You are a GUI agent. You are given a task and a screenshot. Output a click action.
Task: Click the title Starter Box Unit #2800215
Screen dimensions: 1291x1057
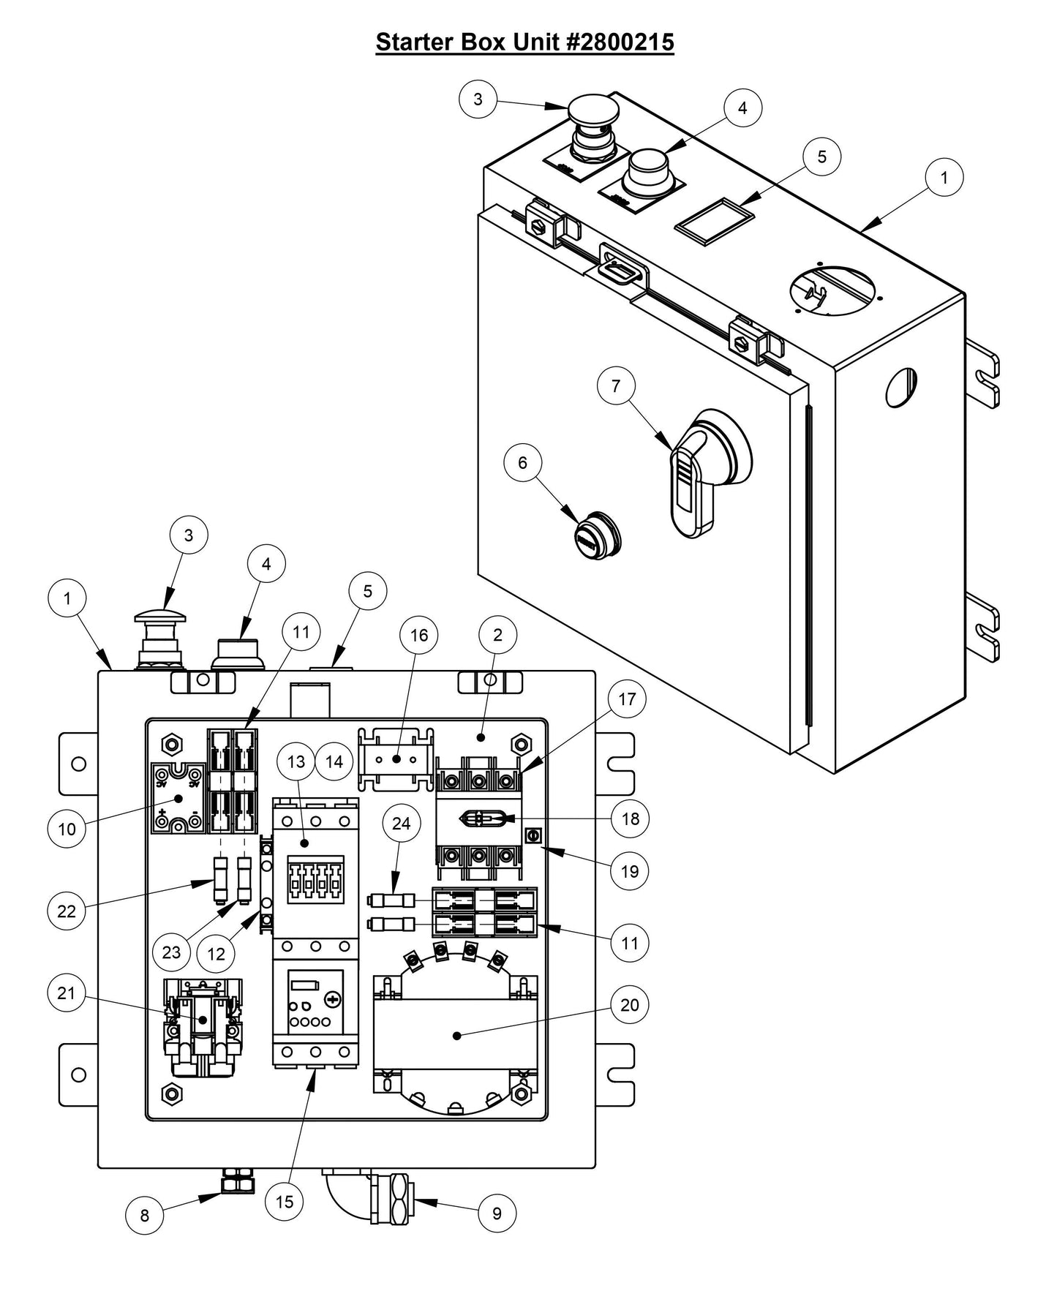pyautogui.click(x=524, y=42)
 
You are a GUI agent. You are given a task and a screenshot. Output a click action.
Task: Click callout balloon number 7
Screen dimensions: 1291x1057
pyautogui.click(x=616, y=385)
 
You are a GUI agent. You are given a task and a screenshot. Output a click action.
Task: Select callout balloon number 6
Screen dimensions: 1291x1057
pyautogui.click(x=522, y=462)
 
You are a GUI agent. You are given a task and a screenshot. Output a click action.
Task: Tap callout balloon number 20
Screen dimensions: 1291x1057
pyautogui.click(x=629, y=1005)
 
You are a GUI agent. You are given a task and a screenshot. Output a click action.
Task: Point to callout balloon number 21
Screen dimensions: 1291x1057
pyautogui.click(x=67, y=993)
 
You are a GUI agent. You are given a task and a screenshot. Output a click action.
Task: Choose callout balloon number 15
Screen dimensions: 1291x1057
pyautogui.click(x=285, y=1201)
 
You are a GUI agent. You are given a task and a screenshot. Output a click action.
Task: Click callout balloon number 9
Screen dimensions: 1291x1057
pyautogui.click(x=497, y=1213)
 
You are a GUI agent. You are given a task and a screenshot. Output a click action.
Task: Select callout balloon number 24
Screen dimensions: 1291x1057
pyautogui.click(x=402, y=824)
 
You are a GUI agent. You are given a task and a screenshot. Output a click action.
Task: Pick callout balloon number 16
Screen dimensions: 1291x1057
pyautogui.click(x=419, y=635)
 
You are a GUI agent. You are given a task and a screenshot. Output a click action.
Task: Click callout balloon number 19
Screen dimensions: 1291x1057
pyautogui.click(x=629, y=871)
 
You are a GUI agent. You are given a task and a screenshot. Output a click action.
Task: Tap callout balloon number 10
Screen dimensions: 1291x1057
pyautogui.click(x=67, y=829)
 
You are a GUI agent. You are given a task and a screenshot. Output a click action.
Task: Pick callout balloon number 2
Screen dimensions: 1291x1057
pyautogui.click(x=497, y=635)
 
